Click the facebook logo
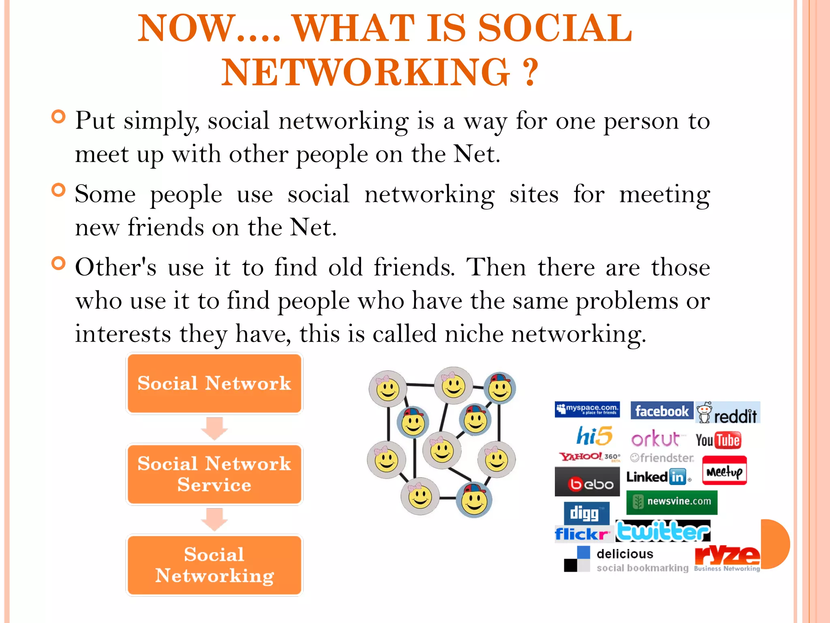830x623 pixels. tap(661, 411)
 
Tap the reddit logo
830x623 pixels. tap(728, 413)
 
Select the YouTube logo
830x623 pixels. tap(718, 440)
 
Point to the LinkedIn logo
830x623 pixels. tap(657, 477)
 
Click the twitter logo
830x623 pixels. tap(663, 531)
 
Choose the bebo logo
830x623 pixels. tap(587, 482)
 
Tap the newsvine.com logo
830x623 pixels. tap(672, 502)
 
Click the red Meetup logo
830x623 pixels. tap(724, 471)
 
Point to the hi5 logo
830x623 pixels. tap(594, 436)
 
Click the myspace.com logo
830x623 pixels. tap(587, 409)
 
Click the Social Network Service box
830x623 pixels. tap(214, 474)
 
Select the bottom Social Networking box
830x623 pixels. tap(214, 565)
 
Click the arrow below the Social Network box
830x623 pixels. tap(214, 428)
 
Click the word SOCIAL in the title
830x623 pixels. tap(555, 28)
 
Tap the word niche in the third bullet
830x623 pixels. tap(474, 334)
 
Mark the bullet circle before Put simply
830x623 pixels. tap(59, 117)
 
